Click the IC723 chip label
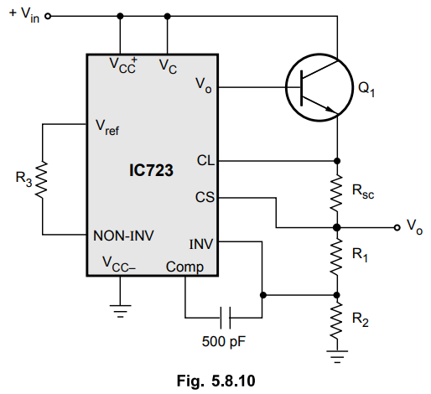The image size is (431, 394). (151, 170)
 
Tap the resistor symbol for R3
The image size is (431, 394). (43, 180)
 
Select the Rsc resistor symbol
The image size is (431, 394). (337, 194)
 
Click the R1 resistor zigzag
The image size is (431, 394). (337, 257)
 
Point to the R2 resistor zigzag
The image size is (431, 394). (337, 321)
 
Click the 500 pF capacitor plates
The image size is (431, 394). (226, 318)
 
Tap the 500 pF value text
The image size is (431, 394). (224, 341)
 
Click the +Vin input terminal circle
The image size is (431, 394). (48, 16)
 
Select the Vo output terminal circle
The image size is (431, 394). (397, 228)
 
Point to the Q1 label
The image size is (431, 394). (366, 90)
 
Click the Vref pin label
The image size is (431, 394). (107, 127)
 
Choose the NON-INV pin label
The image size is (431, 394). (123, 236)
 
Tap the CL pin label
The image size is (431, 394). (205, 161)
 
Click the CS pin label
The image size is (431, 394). (205, 197)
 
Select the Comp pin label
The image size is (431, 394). (184, 267)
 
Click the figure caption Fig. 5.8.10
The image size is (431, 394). (216, 381)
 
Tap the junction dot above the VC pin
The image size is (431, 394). (167, 16)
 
